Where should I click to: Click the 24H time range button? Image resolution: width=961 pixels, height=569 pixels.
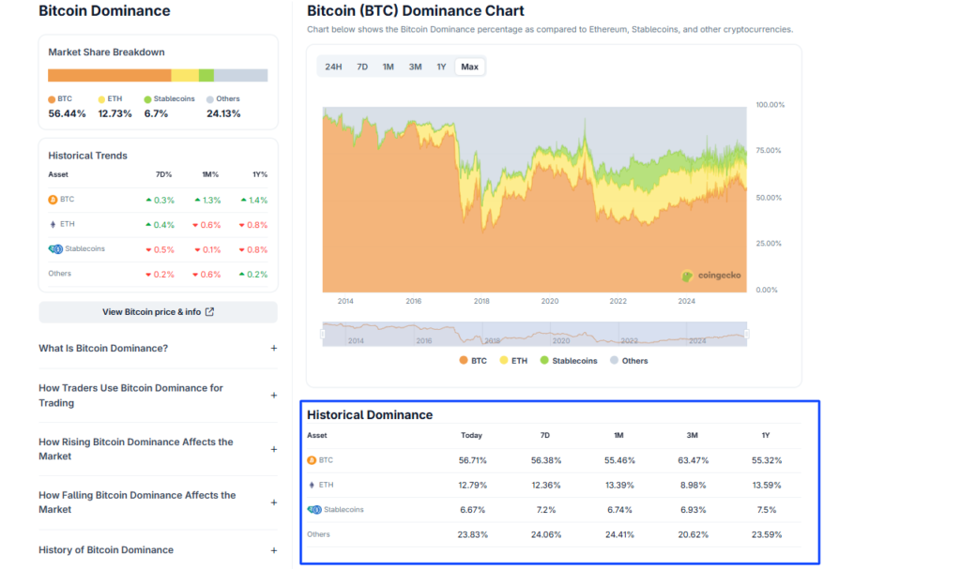coord(333,67)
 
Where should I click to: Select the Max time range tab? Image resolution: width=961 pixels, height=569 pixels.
coord(469,67)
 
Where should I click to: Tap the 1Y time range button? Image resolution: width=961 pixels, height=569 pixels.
coord(441,67)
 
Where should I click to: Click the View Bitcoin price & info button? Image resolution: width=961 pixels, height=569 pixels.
coord(158,312)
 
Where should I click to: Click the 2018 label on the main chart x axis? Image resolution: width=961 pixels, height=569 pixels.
coord(481,301)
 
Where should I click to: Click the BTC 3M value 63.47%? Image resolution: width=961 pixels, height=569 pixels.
coord(694,460)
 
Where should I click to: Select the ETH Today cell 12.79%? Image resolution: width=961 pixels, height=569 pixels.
coord(472,485)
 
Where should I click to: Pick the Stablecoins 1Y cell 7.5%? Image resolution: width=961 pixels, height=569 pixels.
coord(767,510)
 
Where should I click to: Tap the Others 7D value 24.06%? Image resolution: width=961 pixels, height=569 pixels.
coord(545,534)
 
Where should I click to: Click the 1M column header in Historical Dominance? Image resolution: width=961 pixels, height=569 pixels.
coord(619,435)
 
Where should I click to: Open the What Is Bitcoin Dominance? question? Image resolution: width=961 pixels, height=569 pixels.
coord(103,349)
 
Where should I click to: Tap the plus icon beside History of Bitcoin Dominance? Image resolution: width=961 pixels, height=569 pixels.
coord(274,550)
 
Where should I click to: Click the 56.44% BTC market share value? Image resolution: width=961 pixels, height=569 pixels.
coord(68,113)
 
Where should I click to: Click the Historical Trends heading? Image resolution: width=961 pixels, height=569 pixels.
coord(87,156)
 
